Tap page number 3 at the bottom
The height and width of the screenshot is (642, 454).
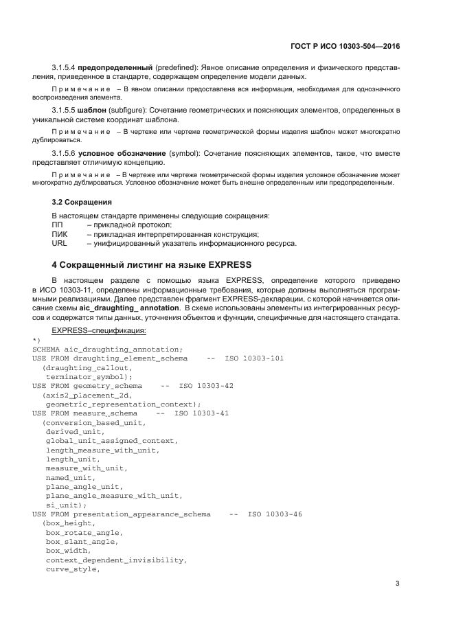(x=397, y=584)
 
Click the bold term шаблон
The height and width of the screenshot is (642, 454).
(x=91, y=111)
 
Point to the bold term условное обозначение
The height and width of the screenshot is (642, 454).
(x=116, y=152)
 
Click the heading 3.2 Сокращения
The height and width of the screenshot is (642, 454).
(x=82, y=203)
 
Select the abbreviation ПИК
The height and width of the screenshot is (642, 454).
(x=60, y=234)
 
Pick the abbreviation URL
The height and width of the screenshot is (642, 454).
(x=60, y=243)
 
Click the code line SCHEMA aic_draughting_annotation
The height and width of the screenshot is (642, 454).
(x=107, y=349)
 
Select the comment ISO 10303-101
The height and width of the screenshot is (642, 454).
(x=255, y=358)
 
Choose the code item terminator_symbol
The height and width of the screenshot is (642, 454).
(x=89, y=377)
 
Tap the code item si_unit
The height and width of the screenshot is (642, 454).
(x=66, y=505)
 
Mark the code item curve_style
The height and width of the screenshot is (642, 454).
(x=73, y=569)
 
